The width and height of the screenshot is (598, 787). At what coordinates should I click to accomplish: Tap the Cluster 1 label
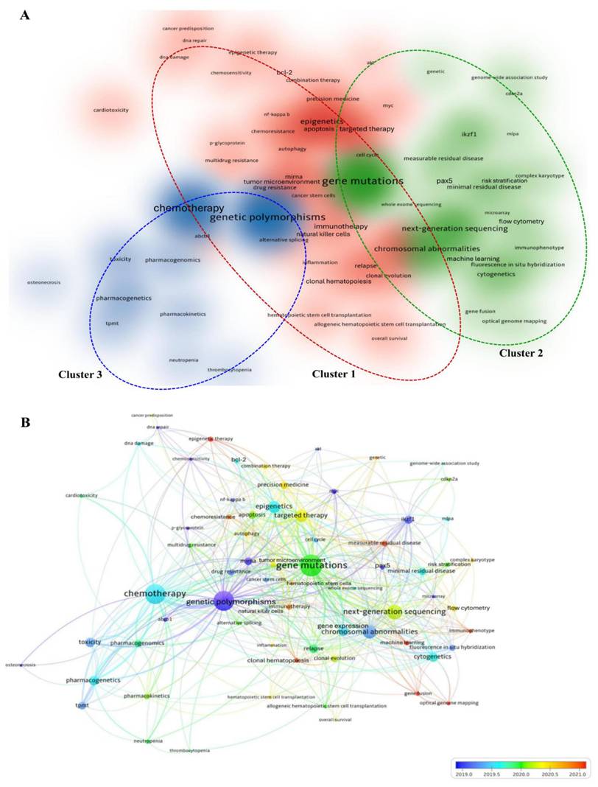pos(334,374)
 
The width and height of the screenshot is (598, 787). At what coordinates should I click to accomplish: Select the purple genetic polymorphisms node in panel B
pos(224,601)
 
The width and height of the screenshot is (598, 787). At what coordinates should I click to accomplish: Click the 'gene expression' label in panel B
pos(342,626)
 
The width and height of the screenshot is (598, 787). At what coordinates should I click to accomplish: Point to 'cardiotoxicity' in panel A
pos(111,110)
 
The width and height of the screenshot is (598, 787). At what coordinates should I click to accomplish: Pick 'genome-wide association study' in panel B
pos(444,464)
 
